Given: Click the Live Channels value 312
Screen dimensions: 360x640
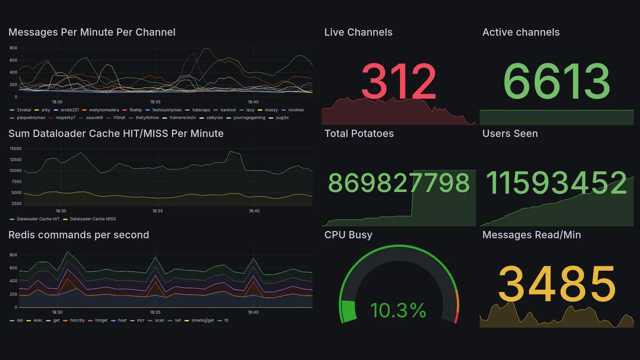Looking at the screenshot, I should [398, 81].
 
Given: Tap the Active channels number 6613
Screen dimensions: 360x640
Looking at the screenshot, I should [556, 81].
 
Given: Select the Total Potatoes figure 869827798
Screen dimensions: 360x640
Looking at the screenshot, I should [398, 183].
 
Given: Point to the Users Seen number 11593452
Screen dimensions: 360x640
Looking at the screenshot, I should [556, 183].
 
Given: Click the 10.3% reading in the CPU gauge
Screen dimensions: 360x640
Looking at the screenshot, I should [398, 310].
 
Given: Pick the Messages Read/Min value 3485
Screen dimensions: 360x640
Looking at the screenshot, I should [556, 284].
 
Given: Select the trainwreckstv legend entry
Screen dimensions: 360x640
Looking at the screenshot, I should [182, 118].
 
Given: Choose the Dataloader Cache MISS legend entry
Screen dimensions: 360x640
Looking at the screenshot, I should [93, 219].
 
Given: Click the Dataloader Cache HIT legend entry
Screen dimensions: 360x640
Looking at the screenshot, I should [38, 219].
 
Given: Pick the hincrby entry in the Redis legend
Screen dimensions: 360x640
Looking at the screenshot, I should [77, 320].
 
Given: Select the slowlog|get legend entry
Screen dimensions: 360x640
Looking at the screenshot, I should [202, 320].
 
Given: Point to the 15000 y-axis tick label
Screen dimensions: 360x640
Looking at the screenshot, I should [15, 148].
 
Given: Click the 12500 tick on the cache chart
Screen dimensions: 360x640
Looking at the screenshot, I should [15, 159].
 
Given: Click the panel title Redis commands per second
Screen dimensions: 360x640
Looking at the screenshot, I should [78, 235].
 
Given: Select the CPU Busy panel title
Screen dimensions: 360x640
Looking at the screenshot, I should [348, 235].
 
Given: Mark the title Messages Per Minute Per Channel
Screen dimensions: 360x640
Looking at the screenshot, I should [92, 32].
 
